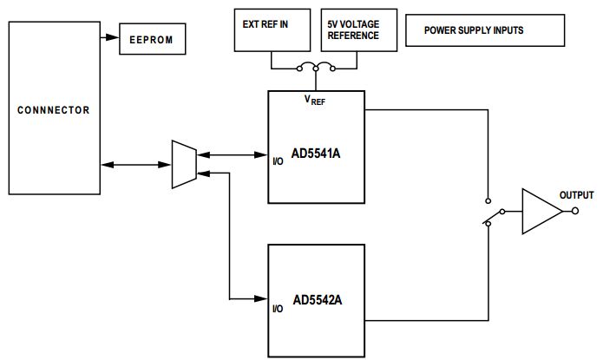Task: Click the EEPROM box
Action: click(152, 39)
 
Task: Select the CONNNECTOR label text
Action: click(54, 110)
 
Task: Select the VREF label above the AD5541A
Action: click(315, 101)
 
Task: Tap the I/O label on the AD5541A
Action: click(278, 160)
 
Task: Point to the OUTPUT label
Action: click(577, 195)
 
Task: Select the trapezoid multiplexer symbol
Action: click(185, 163)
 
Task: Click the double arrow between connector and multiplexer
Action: click(136, 163)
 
